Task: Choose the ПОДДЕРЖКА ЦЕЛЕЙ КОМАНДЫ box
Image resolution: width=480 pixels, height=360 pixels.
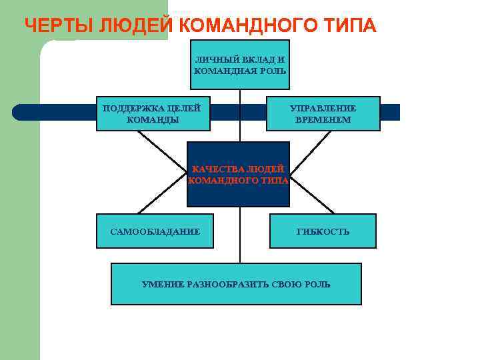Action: (153, 113)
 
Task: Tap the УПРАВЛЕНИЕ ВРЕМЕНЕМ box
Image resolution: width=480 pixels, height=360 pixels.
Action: (323, 113)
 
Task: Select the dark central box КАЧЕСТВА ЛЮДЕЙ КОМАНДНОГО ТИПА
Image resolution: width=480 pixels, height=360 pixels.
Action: (239, 174)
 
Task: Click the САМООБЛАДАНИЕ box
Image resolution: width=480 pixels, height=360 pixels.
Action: (155, 231)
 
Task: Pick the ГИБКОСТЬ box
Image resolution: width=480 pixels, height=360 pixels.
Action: (323, 231)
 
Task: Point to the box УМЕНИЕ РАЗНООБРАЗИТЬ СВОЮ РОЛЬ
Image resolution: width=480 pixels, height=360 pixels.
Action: (236, 284)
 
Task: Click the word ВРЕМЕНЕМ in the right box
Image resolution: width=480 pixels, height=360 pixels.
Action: (323, 119)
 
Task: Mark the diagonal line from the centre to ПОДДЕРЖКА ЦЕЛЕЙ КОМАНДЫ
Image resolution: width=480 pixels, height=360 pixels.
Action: (162, 152)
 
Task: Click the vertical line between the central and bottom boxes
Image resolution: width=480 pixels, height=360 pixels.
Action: (240, 235)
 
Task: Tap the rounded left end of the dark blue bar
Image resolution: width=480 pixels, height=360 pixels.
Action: (18, 112)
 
